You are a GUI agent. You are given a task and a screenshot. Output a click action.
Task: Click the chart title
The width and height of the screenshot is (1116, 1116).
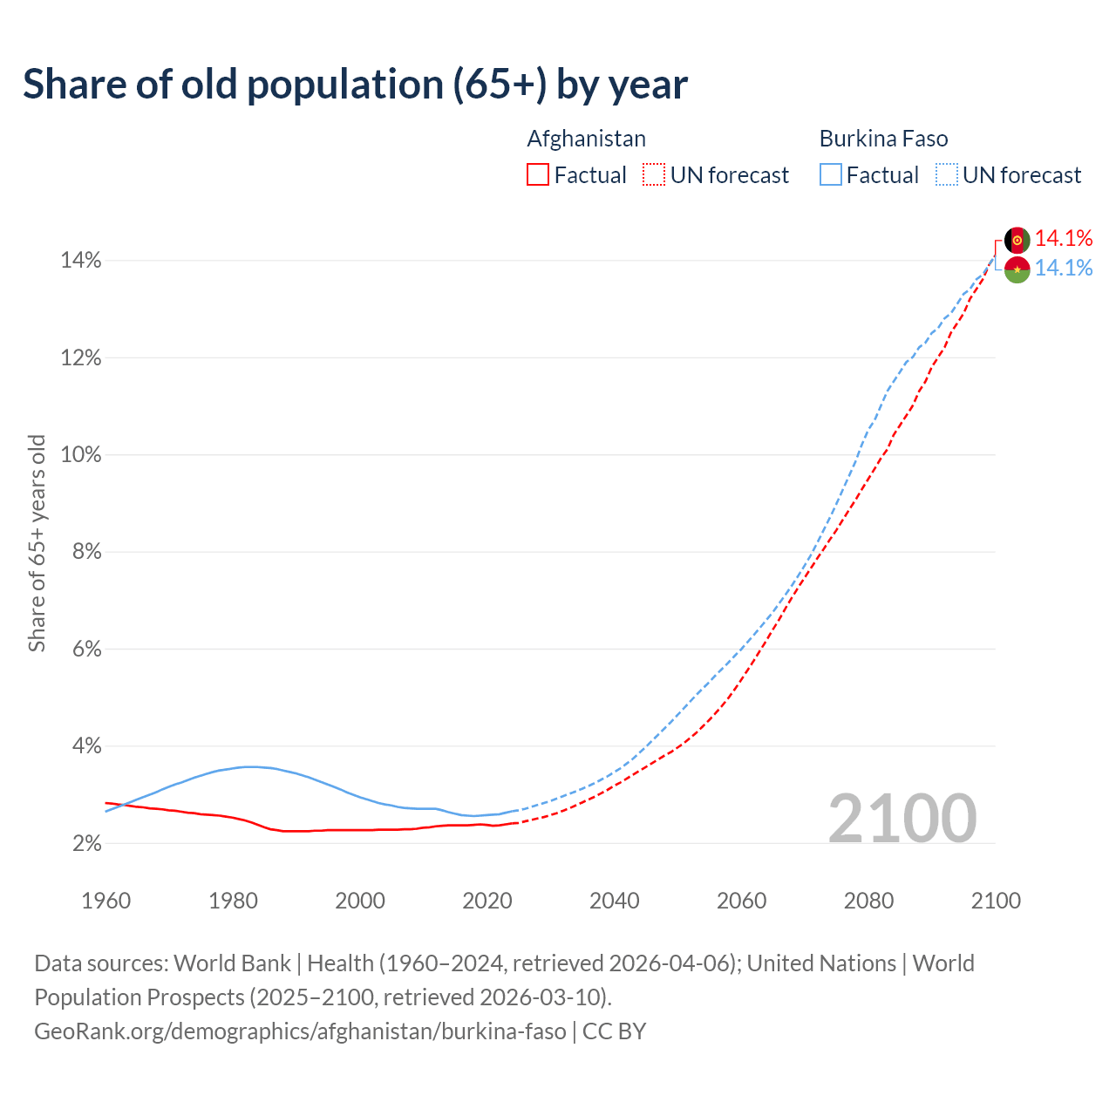(x=355, y=85)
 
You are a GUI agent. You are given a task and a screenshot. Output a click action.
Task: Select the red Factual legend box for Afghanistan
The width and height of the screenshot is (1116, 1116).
(x=538, y=175)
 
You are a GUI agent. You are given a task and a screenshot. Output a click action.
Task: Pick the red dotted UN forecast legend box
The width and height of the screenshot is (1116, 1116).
(x=654, y=175)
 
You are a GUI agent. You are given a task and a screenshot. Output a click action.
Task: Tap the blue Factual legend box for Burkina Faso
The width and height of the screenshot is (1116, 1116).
(x=831, y=175)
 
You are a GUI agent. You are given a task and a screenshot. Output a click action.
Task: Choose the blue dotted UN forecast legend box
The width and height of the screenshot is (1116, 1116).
(x=947, y=175)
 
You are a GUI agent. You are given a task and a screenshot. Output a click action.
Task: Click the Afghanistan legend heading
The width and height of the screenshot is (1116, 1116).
(x=586, y=139)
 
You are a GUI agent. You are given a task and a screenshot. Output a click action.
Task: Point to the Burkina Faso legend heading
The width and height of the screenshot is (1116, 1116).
(x=883, y=139)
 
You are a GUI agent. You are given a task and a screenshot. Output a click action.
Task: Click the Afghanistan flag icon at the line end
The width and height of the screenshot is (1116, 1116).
(x=1017, y=240)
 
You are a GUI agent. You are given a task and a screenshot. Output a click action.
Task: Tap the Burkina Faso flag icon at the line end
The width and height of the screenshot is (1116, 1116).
(x=1017, y=269)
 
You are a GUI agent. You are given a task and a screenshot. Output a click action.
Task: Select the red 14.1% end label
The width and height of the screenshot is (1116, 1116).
(x=1064, y=238)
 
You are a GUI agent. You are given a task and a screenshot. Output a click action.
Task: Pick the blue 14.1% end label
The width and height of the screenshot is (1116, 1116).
(x=1064, y=268)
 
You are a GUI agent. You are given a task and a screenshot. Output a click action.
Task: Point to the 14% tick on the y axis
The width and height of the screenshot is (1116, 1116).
(x=81, y=261)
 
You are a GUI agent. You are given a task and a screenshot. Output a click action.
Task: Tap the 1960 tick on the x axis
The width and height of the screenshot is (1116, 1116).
(x=106, y=901)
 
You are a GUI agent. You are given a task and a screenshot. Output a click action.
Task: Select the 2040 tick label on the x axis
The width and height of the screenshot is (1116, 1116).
(x=615, y=901)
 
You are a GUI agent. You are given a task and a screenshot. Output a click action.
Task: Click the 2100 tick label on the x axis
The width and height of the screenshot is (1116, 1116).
(x=996, y=901)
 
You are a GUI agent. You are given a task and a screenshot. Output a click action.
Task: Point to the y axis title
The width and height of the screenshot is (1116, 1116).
(x=37, y=542)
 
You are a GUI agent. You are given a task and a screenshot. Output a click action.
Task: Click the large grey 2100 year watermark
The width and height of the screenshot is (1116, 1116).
(x=902, y=819)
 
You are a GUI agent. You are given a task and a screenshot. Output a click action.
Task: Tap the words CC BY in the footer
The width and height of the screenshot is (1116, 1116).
(x=614, y=1031)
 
